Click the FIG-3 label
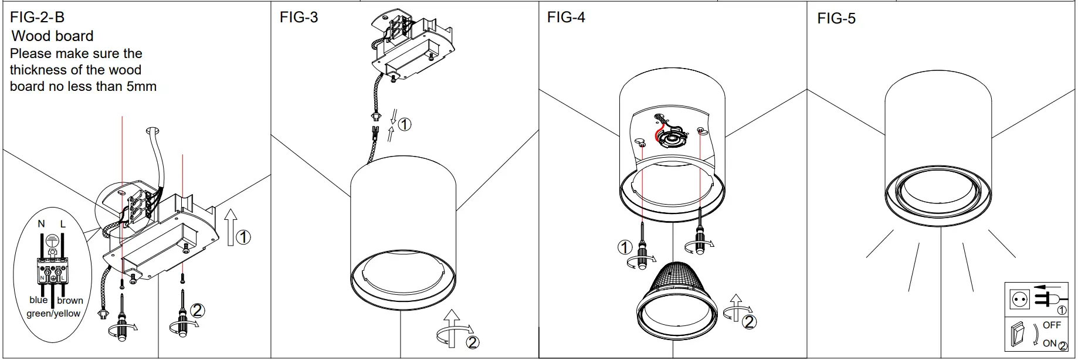[299, 17]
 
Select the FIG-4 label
[566, 17]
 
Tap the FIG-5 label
[836, 18]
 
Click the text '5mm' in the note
[141, 86]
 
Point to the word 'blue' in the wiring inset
[39, 300]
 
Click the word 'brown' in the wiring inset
[70, 300]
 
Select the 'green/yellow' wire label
[53, 313]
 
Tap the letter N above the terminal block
[41, 223]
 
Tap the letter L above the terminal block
[63, 223]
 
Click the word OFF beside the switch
[1052, 325]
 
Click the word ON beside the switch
[1049, 343]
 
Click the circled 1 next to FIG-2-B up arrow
[243, 237]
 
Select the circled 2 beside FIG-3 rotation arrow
[473, 342]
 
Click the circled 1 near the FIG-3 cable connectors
[405, 124]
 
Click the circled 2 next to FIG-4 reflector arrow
[749, 321]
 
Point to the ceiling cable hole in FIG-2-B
[152, 129]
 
